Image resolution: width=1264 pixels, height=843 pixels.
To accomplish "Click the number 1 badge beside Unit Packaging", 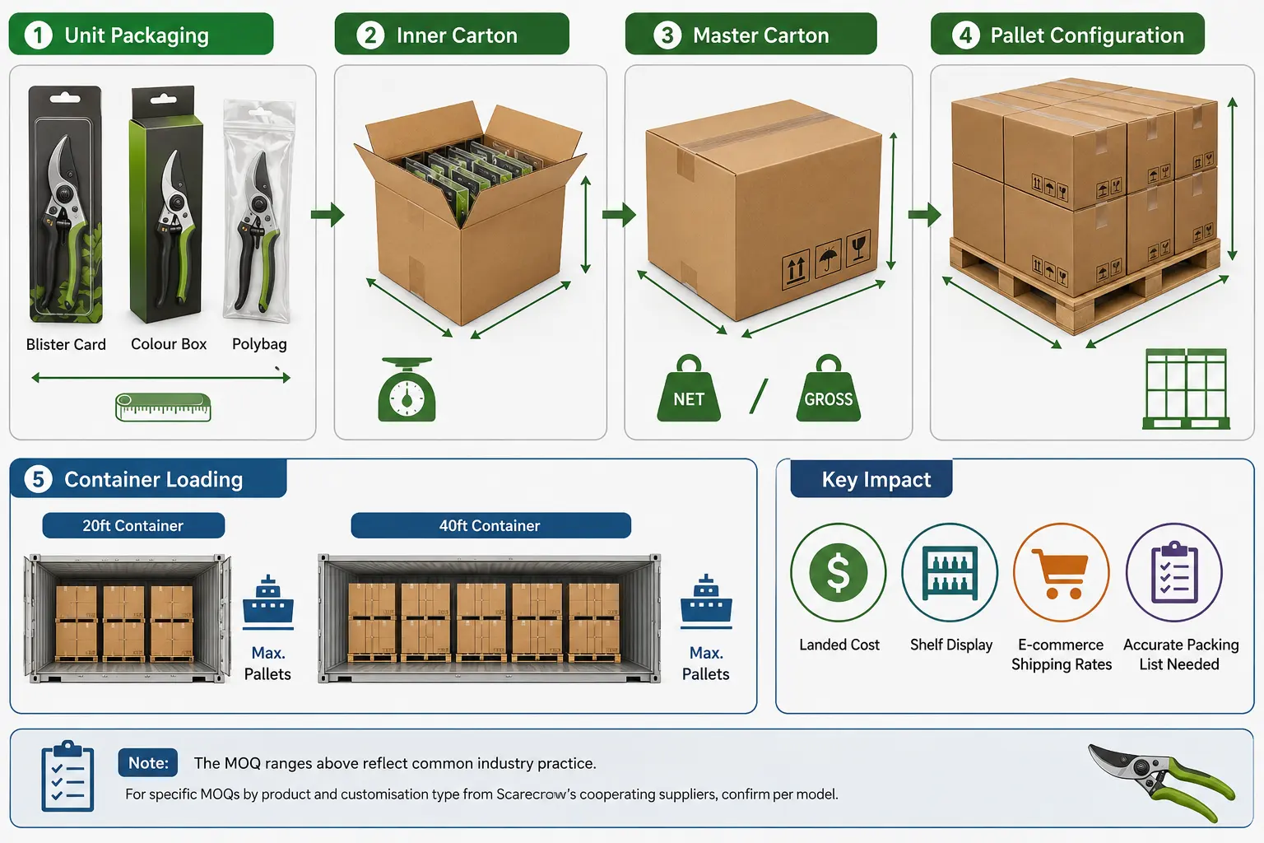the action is [39, 35].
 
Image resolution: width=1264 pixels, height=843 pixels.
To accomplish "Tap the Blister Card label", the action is [66, 344].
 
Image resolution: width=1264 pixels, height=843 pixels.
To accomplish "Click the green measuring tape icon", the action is [163, 408].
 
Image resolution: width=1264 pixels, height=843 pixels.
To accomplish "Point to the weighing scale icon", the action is [407, 389].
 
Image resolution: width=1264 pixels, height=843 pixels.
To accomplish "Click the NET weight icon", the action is [689, 389].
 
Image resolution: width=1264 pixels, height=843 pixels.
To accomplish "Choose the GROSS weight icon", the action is [829, 389].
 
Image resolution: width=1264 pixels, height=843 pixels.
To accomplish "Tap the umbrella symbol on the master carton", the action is [828, 257].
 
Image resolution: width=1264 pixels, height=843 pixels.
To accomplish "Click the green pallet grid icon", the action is [1186, 389].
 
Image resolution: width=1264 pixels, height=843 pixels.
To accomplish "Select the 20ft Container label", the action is [133, 526].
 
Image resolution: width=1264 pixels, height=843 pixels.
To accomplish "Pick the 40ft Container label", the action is [490, 526].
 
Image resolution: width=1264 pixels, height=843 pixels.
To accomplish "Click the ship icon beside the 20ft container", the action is [268, 602].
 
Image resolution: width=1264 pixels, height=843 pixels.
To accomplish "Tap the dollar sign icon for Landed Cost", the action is [838, 572].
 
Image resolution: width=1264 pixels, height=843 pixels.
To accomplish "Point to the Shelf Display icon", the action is [950, 572].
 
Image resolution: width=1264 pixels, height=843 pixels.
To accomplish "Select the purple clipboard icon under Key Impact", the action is [1174, 572].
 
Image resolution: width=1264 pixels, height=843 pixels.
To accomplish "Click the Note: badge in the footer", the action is [148, 763].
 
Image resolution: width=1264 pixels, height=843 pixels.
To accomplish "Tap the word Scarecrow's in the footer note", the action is [536, 794].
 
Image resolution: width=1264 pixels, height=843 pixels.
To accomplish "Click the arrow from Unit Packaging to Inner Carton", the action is [328, 215].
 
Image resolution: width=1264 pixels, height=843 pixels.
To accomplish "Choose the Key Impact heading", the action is [876, 479].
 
